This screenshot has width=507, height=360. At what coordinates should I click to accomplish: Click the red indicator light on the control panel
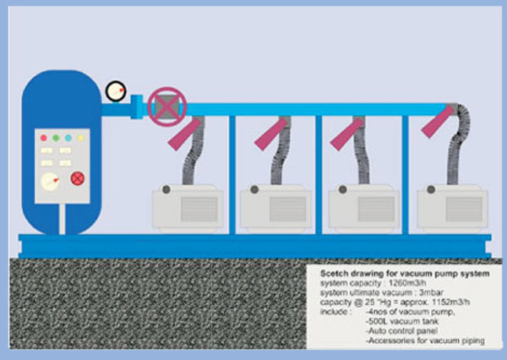click(x=44, y=138)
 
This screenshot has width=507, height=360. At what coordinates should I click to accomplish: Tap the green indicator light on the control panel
click(x=56, y=138)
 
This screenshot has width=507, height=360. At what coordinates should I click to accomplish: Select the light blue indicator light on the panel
click(x=68, y=138)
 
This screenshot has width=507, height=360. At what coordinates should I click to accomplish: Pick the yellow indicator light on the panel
click(x=80, y=138)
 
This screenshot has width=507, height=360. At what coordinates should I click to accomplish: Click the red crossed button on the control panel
click(x=78, y=178)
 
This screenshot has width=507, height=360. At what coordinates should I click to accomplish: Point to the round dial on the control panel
click(x=51, y=182)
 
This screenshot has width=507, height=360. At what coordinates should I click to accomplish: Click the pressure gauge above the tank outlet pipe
click(x=116, y=91)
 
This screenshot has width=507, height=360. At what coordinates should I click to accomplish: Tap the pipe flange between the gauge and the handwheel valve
click(x=136, y=106)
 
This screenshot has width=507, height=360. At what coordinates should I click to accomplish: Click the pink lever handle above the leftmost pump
click(x=184, y=134)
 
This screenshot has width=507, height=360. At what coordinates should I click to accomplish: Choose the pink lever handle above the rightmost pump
click(x=438, y=122)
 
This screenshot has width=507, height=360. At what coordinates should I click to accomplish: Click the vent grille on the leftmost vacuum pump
click(x=199, y=210)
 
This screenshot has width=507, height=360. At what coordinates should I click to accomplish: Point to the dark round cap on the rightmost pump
click(x=431, y=189)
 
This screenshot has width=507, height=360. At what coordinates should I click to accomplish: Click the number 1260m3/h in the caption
click(x=407, y=283)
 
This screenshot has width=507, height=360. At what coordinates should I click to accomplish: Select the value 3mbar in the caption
click(x=431, y=292)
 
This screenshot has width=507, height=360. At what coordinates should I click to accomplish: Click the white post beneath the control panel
click(x=62, y=219)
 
